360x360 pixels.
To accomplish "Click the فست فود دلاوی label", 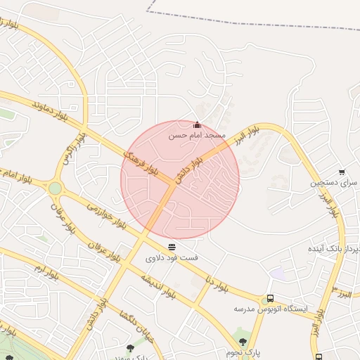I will tap(172, 258).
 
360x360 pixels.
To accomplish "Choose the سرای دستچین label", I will tap(334, 182).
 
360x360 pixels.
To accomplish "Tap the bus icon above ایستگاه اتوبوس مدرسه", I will tap(271, 299).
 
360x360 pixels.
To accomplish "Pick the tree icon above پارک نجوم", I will tap(243, 341).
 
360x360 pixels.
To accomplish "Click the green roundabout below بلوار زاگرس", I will tap(55, 188).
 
